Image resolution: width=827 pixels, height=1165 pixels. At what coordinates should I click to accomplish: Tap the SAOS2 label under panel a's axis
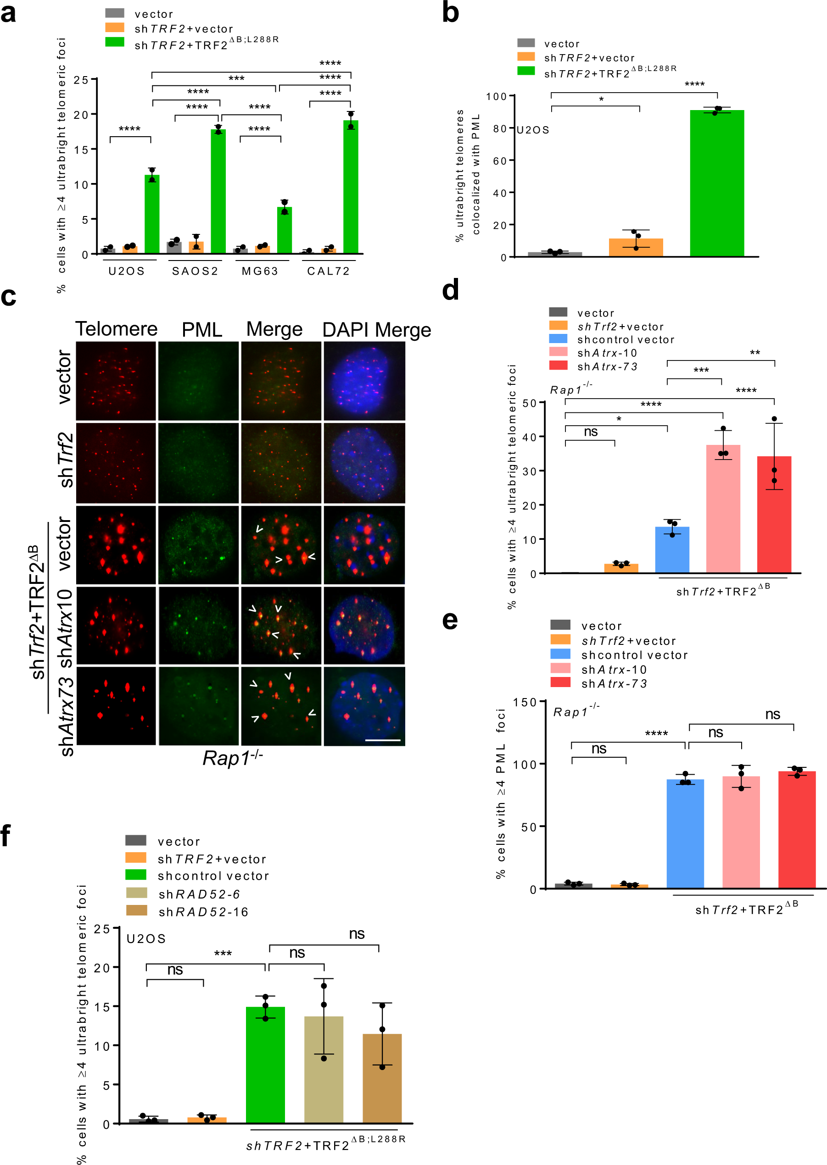point(195,271)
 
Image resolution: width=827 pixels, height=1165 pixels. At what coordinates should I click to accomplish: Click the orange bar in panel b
point(636,247)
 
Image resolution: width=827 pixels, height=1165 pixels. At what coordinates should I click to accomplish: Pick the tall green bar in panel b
point(716,183)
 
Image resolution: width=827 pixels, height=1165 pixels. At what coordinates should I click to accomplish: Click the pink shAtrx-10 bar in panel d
point(723,509)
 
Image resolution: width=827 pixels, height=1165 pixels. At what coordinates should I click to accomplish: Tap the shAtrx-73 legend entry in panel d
point(606,366)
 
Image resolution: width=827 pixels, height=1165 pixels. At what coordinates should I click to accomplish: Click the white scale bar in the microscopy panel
point(382,740)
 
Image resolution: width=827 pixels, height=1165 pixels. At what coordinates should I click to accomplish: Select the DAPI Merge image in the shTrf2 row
point(364,463)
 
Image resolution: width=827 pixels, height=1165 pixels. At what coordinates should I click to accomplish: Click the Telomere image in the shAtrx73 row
point(116,706)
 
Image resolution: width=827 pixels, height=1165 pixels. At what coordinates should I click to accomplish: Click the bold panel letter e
point(450,621)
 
